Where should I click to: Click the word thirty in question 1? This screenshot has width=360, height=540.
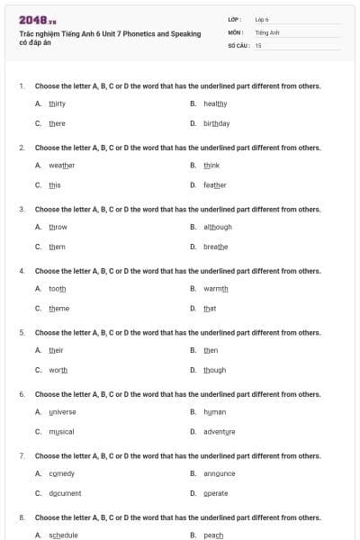coord(57,103)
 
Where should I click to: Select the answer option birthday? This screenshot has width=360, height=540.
coord(216,123)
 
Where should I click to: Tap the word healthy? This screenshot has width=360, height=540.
coord(215,103)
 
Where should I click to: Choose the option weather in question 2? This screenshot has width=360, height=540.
coord(61,165)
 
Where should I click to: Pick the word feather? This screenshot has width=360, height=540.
coord(214,185)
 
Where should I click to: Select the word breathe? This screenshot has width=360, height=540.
coord(215,247)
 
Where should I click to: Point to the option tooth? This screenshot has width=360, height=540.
coord(57,288)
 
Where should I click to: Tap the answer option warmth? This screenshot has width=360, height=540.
coord(216,288)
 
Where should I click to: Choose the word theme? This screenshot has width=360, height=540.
coord(58,309)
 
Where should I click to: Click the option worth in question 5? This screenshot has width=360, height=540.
coord(58,370)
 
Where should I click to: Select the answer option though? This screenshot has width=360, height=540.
coord(214,370)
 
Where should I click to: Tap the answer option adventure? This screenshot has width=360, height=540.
coord(219,432)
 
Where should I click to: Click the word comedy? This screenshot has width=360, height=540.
coord(61,473)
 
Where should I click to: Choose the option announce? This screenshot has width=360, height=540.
coord(219,473)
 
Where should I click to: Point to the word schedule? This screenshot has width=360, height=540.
coord(63,535)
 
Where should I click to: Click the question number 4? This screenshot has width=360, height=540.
coord(22,271)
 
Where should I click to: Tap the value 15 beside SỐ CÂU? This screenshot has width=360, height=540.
coord(258,45)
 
